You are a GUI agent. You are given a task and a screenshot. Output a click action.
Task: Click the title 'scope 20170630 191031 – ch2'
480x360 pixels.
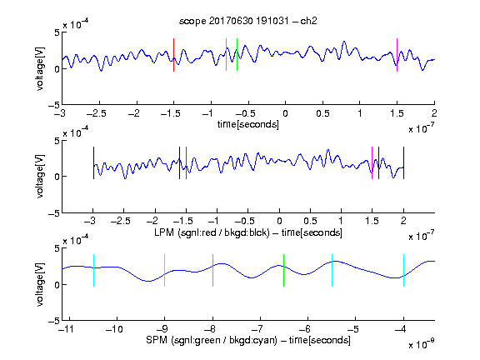click(248, 21)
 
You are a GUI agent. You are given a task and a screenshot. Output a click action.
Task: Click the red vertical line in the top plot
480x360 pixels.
click(173, 55)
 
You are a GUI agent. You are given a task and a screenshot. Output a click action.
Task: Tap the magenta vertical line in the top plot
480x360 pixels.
click(397, 55)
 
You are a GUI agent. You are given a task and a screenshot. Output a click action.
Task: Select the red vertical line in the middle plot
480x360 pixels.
click(186, 162)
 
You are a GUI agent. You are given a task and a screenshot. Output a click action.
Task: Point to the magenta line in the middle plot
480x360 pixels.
click(372, 162)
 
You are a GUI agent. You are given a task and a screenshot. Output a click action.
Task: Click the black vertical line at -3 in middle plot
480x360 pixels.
click(93, 162)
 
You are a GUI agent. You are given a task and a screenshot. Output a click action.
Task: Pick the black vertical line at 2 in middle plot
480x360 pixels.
click(403, 162)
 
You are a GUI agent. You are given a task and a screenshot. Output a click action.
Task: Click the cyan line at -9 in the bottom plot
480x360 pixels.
click(164, 270)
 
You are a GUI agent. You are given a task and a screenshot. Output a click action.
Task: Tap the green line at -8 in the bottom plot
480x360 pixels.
click(212, 270)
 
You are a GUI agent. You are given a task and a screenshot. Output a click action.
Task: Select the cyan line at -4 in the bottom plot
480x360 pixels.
click(403, 270)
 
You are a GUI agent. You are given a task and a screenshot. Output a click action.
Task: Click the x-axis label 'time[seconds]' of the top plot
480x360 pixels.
click(248, 125)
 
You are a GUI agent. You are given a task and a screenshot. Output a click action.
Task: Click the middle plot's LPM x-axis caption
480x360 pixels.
click(248, 232)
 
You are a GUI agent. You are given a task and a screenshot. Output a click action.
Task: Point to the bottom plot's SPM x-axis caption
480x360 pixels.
click(248, 340)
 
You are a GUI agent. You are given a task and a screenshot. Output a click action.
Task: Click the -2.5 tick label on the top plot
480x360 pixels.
click(97, 113)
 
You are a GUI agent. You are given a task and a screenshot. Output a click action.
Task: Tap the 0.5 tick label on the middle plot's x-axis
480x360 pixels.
click(310, 222)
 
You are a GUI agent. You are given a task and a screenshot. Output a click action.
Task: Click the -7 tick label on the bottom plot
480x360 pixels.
click(257, 329)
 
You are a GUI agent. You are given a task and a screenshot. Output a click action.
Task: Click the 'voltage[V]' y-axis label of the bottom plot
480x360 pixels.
click(40, 284)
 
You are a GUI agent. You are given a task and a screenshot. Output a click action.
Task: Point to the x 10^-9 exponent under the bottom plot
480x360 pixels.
click(421, 343)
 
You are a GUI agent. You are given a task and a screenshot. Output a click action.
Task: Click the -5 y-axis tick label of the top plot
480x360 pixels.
click(54, 105)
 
